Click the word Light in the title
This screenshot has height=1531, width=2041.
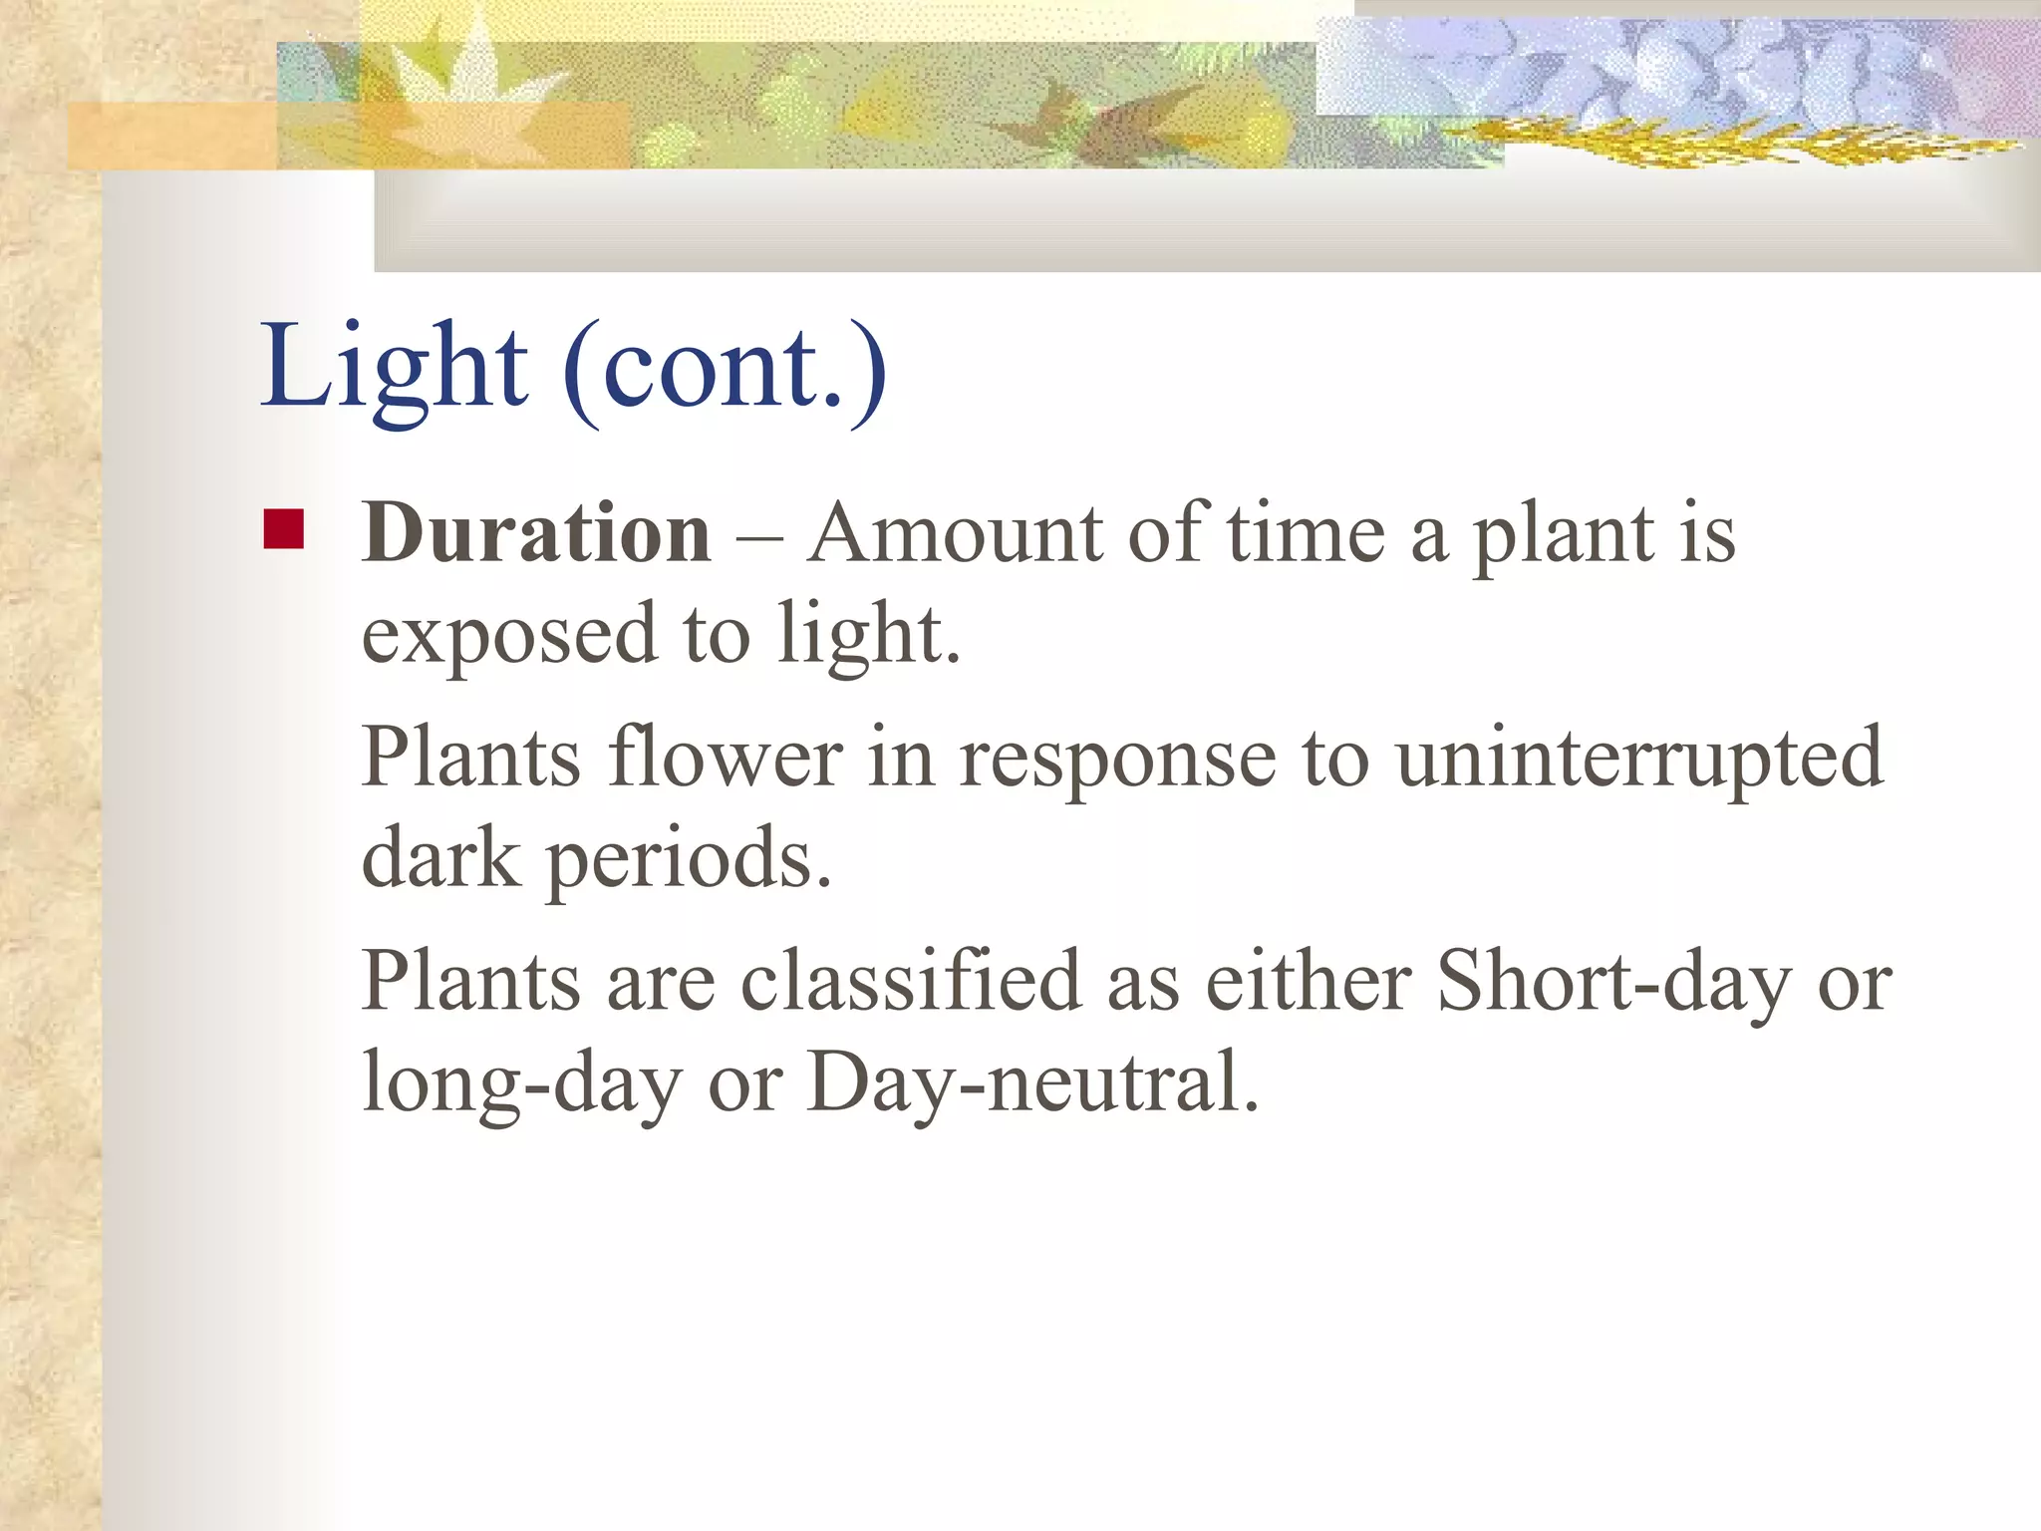click(394, 369)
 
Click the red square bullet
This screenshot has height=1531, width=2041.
click(283, 529)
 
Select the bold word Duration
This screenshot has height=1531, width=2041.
click(536, 533)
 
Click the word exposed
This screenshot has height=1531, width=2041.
click(509, 635)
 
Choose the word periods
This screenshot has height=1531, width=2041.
click(688, 859)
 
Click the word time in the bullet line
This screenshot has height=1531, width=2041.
click(1306, 533)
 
